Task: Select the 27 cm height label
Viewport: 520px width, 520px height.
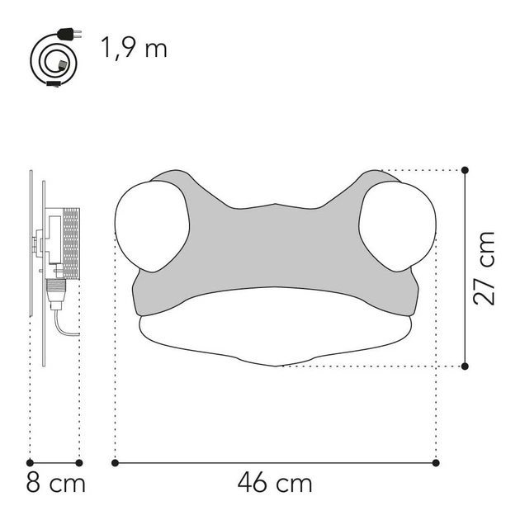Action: point(485,267)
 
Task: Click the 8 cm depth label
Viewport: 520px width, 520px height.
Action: point(56,483)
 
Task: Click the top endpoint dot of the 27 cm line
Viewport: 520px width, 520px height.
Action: point(466,171)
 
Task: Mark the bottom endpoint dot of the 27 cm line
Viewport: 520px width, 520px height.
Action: point(466,366)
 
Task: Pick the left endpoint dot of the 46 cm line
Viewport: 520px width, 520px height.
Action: point(115,462)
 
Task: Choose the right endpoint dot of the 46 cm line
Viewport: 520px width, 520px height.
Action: point(435,462)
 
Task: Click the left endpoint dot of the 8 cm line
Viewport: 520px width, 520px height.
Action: point(30,462)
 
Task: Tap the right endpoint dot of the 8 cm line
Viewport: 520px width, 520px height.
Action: point(79,462)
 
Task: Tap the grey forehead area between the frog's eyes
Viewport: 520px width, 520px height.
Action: point(272,239)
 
